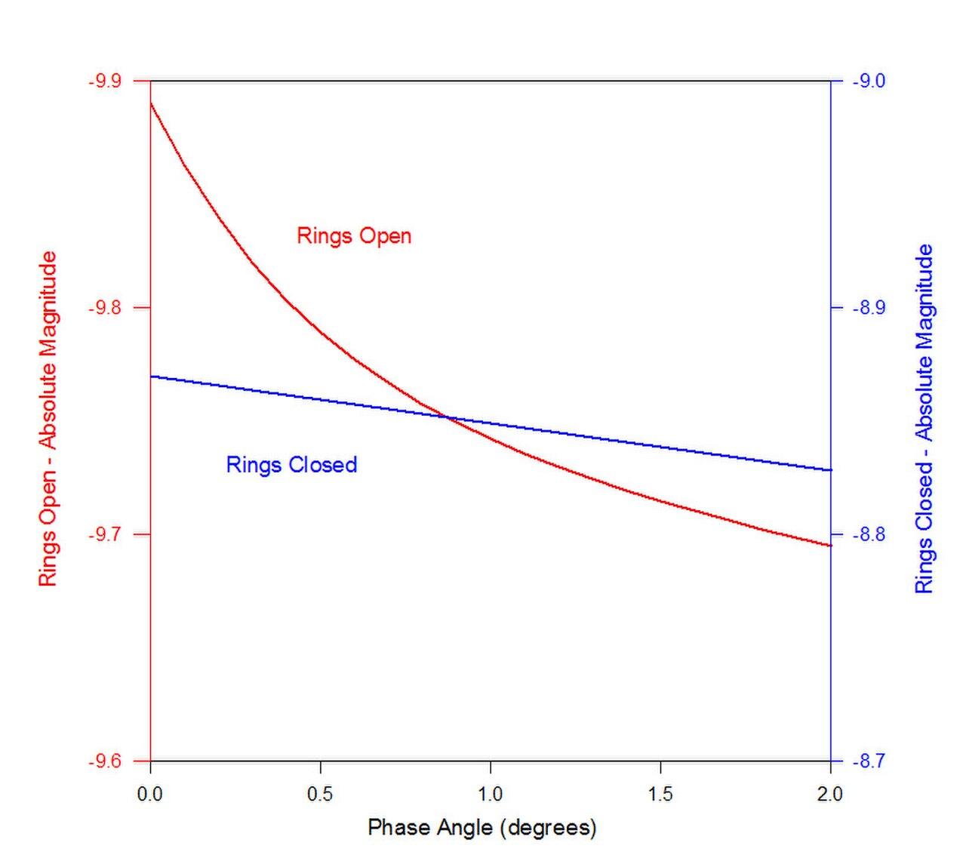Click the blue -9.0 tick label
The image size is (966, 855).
[869, 81]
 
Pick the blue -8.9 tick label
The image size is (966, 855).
[869, 308]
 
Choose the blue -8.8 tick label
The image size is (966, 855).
[869, 535]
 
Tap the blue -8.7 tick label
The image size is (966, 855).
[869, 761]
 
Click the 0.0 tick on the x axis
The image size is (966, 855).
[150, 794]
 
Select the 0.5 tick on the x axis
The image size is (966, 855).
[321, 794]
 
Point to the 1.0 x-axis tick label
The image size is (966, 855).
[491, 794]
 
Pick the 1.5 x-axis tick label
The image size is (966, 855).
[660, 794]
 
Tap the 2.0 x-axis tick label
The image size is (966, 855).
[830, 794]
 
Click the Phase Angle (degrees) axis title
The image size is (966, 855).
[482, 828]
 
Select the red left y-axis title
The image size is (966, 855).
[48, 419]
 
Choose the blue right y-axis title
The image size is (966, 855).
[924, 419]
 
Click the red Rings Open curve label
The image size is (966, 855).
[354, 235]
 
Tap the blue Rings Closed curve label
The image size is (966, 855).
[291, 464]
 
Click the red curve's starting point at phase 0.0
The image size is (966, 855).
[151, 103]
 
